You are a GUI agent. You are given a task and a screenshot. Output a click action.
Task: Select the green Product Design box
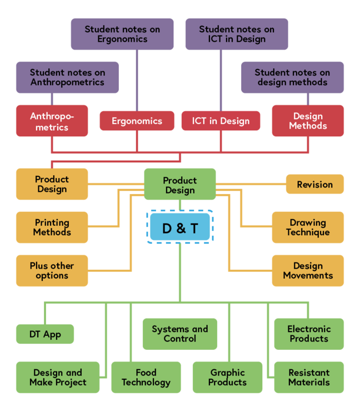click(180, 185)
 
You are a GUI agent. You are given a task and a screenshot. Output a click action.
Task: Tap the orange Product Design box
click(52, 184)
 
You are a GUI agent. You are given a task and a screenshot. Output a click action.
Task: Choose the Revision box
click(314, 184)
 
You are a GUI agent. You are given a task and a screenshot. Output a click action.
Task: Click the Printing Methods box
click(52, 227)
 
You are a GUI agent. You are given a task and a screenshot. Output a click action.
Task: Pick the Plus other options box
click(52, 270)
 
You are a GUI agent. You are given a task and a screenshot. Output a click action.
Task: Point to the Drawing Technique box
click(308, 227)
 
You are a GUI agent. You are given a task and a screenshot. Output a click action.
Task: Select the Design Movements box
click(308, 270)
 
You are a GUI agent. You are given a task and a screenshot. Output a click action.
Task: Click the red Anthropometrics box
click(52, 121)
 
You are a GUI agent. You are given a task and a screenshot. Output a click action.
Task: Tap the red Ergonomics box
click(137, 121)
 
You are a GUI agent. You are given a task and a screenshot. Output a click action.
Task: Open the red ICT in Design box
click(221, 121)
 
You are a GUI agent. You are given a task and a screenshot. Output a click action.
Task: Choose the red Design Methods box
click(308, 121)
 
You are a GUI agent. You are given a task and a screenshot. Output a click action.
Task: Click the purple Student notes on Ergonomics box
click(122, 34)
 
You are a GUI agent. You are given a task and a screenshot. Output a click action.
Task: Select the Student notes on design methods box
click(292, 77)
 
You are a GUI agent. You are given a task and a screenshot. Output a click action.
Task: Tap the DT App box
click(44, 334)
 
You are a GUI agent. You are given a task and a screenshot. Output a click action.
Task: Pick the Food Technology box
click(146, 377)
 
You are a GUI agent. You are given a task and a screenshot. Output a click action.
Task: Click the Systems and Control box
click(180, 334)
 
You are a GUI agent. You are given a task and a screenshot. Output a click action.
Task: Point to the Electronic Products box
click(309, 334)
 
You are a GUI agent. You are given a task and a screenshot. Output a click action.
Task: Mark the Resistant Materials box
click(309, 377)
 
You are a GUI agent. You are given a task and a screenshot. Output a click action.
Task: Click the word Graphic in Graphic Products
click(228, 373)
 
